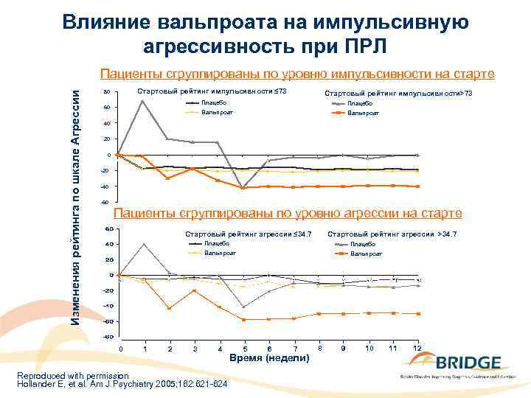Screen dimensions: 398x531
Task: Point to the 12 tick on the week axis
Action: [x=417, y=347]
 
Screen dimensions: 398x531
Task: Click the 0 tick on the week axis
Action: [x=122, y=348]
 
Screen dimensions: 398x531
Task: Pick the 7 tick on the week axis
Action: [x=294, y=348]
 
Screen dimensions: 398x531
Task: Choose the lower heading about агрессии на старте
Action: [x=288, y=214]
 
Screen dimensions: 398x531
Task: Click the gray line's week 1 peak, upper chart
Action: [x=142, y=101]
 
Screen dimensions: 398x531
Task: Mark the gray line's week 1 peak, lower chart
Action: [x=145, y=244]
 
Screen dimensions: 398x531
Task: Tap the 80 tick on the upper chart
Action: [x=107, y=92]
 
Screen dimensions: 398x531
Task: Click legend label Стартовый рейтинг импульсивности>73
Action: [x=398, y=94]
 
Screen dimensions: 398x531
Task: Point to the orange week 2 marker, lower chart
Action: [x=170, y=308]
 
